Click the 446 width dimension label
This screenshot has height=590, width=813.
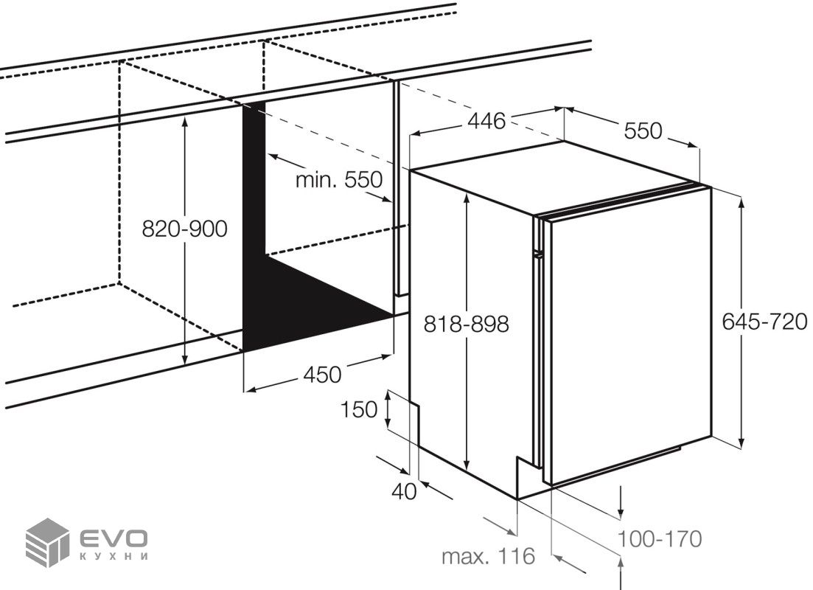point(486,122)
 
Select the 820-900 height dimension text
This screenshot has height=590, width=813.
point(184,229)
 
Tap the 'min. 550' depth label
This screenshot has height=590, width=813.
point(339,180)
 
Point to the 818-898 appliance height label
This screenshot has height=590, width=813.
point(466,324)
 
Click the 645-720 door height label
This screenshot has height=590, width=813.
point(765,322)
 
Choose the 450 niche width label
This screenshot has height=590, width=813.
point(322,375)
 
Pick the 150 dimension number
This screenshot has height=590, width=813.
point(359,409)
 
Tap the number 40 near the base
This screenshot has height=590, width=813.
point(404,491)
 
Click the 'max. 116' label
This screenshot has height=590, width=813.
point(488,556)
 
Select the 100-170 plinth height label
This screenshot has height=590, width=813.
point(659,538)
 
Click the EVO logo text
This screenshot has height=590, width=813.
point(113,538)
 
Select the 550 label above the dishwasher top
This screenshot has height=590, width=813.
point(643,131)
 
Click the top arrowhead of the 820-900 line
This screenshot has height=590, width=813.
point(185,123)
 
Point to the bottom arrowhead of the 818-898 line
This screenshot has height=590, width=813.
point(467,465)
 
